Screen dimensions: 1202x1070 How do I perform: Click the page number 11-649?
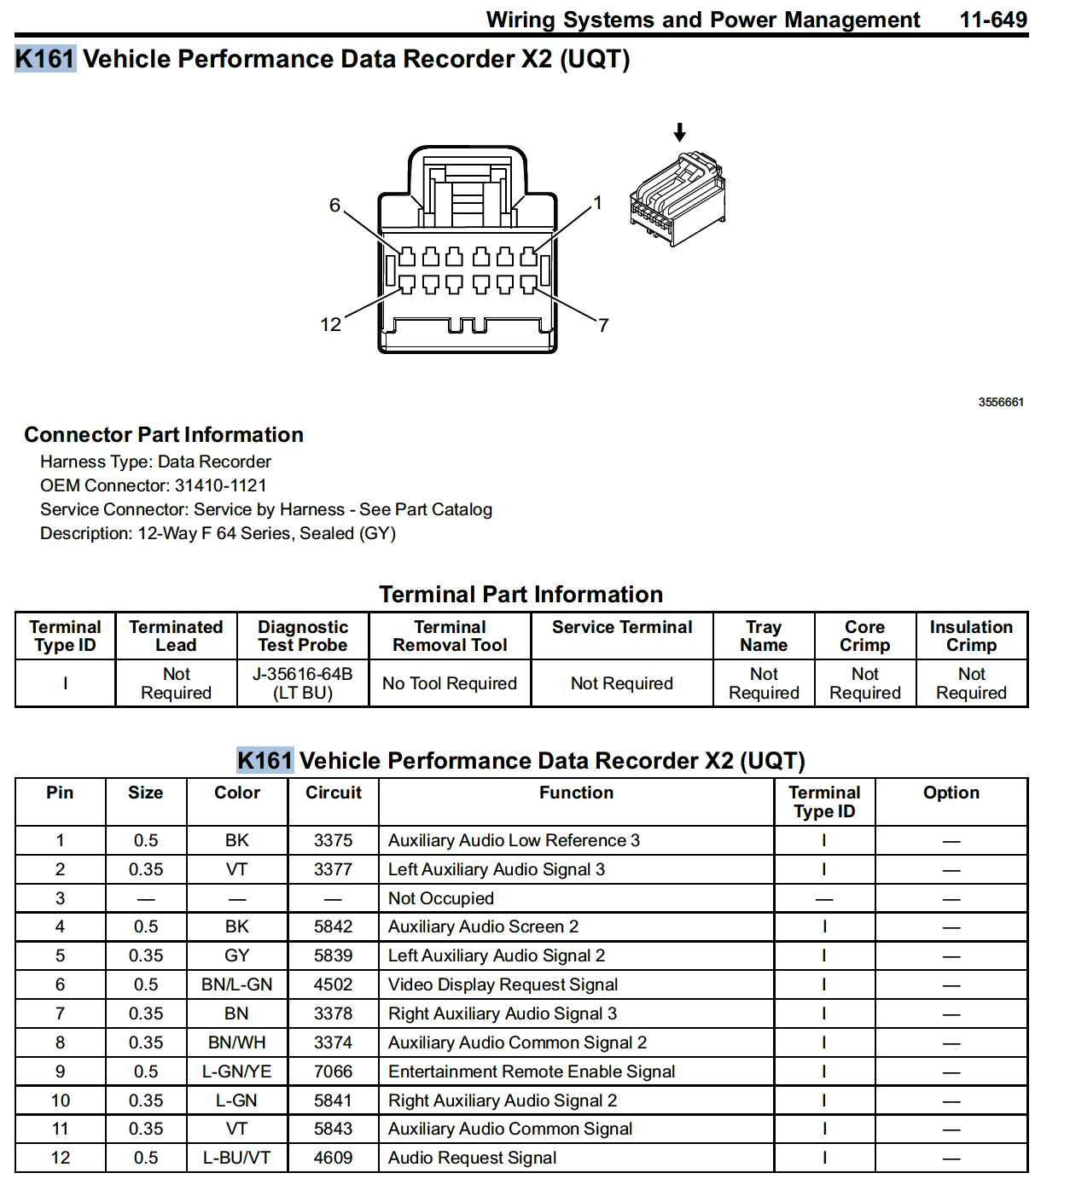tap(992, 20)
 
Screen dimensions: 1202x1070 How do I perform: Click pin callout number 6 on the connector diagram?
tap(334, 205)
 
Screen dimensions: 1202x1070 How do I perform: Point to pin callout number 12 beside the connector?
tap(330, 324)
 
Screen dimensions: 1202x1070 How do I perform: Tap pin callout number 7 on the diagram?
tap(603, 325)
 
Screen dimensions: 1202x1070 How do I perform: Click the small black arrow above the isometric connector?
tap(679, 132)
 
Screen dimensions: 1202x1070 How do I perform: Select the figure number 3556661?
tap(1000, 402)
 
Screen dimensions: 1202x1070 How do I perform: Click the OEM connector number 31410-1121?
tap(220, 485)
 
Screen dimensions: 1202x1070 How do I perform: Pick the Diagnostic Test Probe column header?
tap(303, 636)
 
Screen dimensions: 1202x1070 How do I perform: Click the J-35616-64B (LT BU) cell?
tap(303, 683)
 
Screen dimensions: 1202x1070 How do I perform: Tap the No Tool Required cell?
tap(450, 683)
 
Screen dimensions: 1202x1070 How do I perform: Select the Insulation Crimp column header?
tap(971, 636)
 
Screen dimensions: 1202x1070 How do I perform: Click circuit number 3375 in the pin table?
tap(333, 840)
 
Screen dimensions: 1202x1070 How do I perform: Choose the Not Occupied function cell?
tap(440, 898)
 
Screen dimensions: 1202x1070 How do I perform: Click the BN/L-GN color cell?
tap(236, 984)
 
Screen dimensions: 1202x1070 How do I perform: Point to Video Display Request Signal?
tap(503, 984)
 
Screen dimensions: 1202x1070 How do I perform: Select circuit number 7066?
tap(333, 1071)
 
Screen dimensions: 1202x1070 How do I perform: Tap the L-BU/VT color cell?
tap(236, 1158)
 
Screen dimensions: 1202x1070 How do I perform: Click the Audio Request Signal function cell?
tap(472, 1158)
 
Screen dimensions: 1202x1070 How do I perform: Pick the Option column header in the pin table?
tap(951, 793)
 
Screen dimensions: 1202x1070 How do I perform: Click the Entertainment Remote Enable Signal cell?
tap(531, 1071)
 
